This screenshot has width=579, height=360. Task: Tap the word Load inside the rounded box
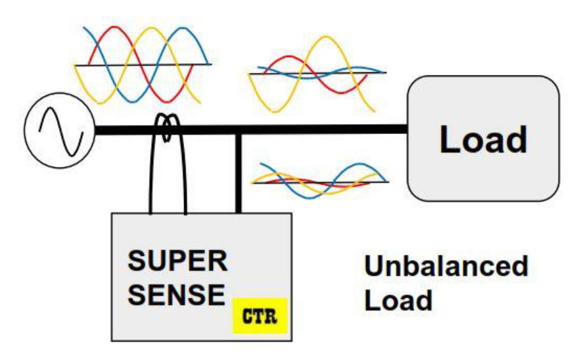[x=483, y=139]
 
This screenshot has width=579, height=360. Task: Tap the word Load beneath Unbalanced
[x=398, y=300]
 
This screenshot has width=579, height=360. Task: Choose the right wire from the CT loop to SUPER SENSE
[x=185, y=177]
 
